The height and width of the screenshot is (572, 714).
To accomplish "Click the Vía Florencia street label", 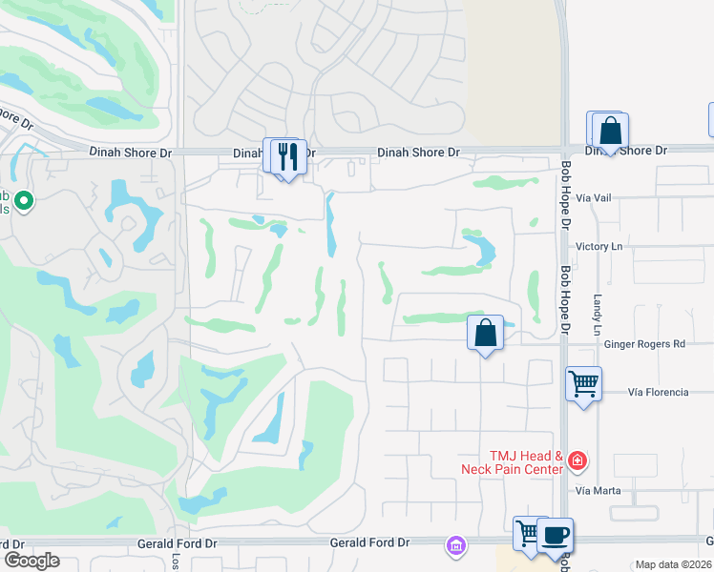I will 658,392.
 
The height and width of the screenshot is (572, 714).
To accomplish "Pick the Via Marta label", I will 598,490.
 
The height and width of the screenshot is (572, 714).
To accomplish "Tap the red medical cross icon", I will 577,462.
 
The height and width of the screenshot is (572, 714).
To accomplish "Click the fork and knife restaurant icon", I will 289,155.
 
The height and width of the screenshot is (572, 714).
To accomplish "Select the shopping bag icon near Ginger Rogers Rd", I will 486,333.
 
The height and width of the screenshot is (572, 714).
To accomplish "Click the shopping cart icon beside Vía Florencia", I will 583,383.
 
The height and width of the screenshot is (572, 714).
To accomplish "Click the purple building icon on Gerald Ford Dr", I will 455,545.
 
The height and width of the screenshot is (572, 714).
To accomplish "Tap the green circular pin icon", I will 25,201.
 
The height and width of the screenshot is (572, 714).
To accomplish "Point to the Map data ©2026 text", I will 673,564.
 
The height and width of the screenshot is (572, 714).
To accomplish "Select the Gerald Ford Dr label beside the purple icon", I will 369,542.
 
